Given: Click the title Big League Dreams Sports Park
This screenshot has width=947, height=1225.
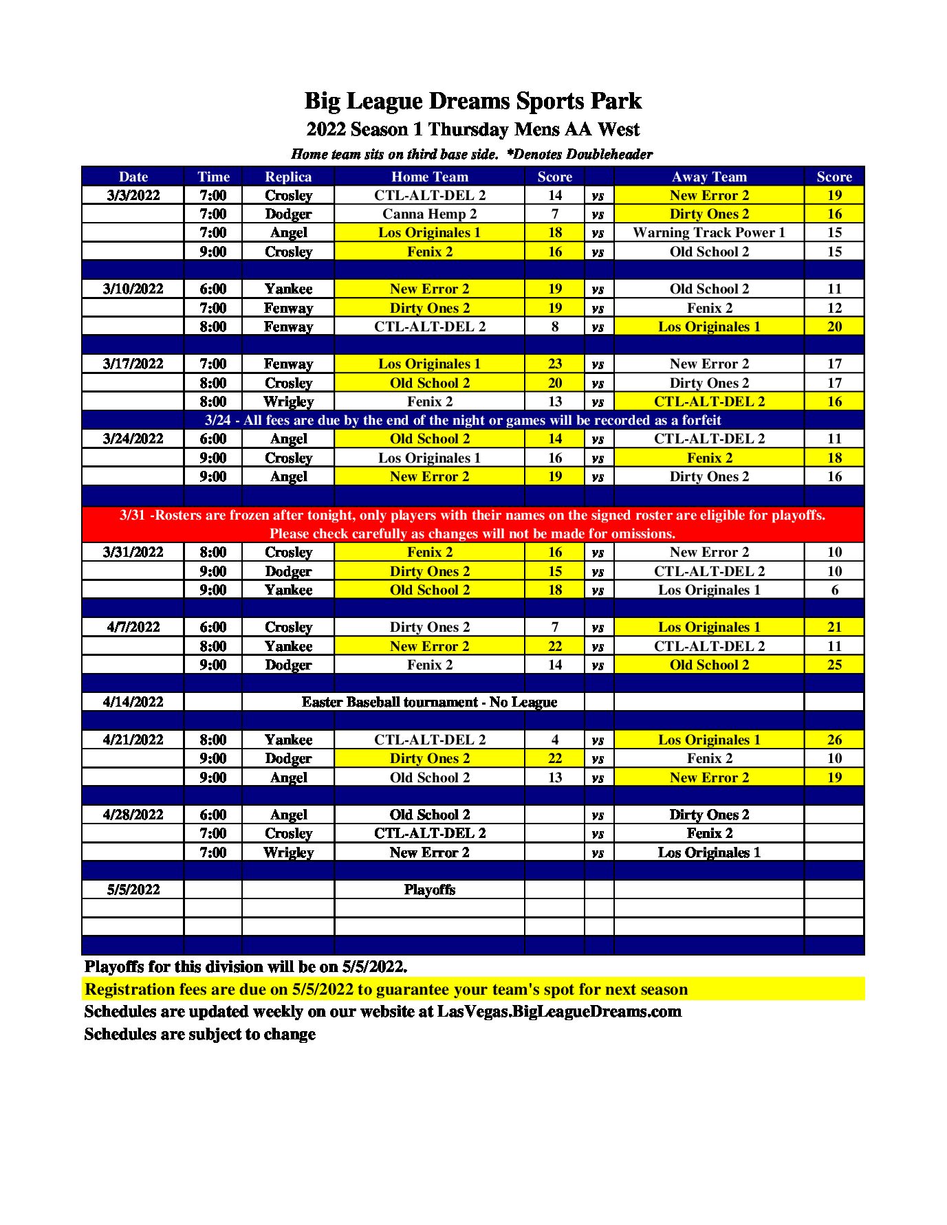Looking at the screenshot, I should (x=473, y=101).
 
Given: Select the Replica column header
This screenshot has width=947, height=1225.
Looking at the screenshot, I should (x=288, y=177).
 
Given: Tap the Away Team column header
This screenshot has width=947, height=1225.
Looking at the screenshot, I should (x=709, y=177).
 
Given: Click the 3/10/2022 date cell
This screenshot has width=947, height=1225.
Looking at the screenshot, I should (x=133, y=289).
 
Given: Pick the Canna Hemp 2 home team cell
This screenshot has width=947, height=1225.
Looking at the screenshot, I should (x=429, y=214).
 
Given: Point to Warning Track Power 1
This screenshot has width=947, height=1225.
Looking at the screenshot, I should (x=709, y=232).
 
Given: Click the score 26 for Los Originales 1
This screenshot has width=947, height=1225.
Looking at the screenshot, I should (x=834, y=740).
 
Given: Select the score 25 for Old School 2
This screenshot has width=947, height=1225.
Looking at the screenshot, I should (x=834, y=665).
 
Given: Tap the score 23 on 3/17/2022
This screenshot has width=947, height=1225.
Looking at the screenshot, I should (x=555, y=364).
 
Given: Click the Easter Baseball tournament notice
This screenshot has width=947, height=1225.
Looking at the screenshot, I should (x=429, y=702).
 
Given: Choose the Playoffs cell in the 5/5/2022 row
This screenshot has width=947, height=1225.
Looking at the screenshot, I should (x=429, y=890).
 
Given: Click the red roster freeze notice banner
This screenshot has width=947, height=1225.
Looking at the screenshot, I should (x=472, y=525).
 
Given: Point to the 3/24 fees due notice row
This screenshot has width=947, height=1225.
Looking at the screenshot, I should (x=463, y=420).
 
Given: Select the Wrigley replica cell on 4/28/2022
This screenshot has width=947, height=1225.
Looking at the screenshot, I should (x=288, y=852).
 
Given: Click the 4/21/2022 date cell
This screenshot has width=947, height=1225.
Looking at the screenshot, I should (x=133, y=740).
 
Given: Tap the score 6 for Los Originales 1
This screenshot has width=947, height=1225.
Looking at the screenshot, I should (x=834, y=590).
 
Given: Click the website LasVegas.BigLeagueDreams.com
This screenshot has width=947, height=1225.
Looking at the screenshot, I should (x=559, y=1012).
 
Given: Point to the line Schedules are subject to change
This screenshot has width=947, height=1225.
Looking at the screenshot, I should (x=200, y=1035).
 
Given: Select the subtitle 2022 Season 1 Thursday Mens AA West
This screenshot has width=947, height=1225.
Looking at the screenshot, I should (x=473, y=129).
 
